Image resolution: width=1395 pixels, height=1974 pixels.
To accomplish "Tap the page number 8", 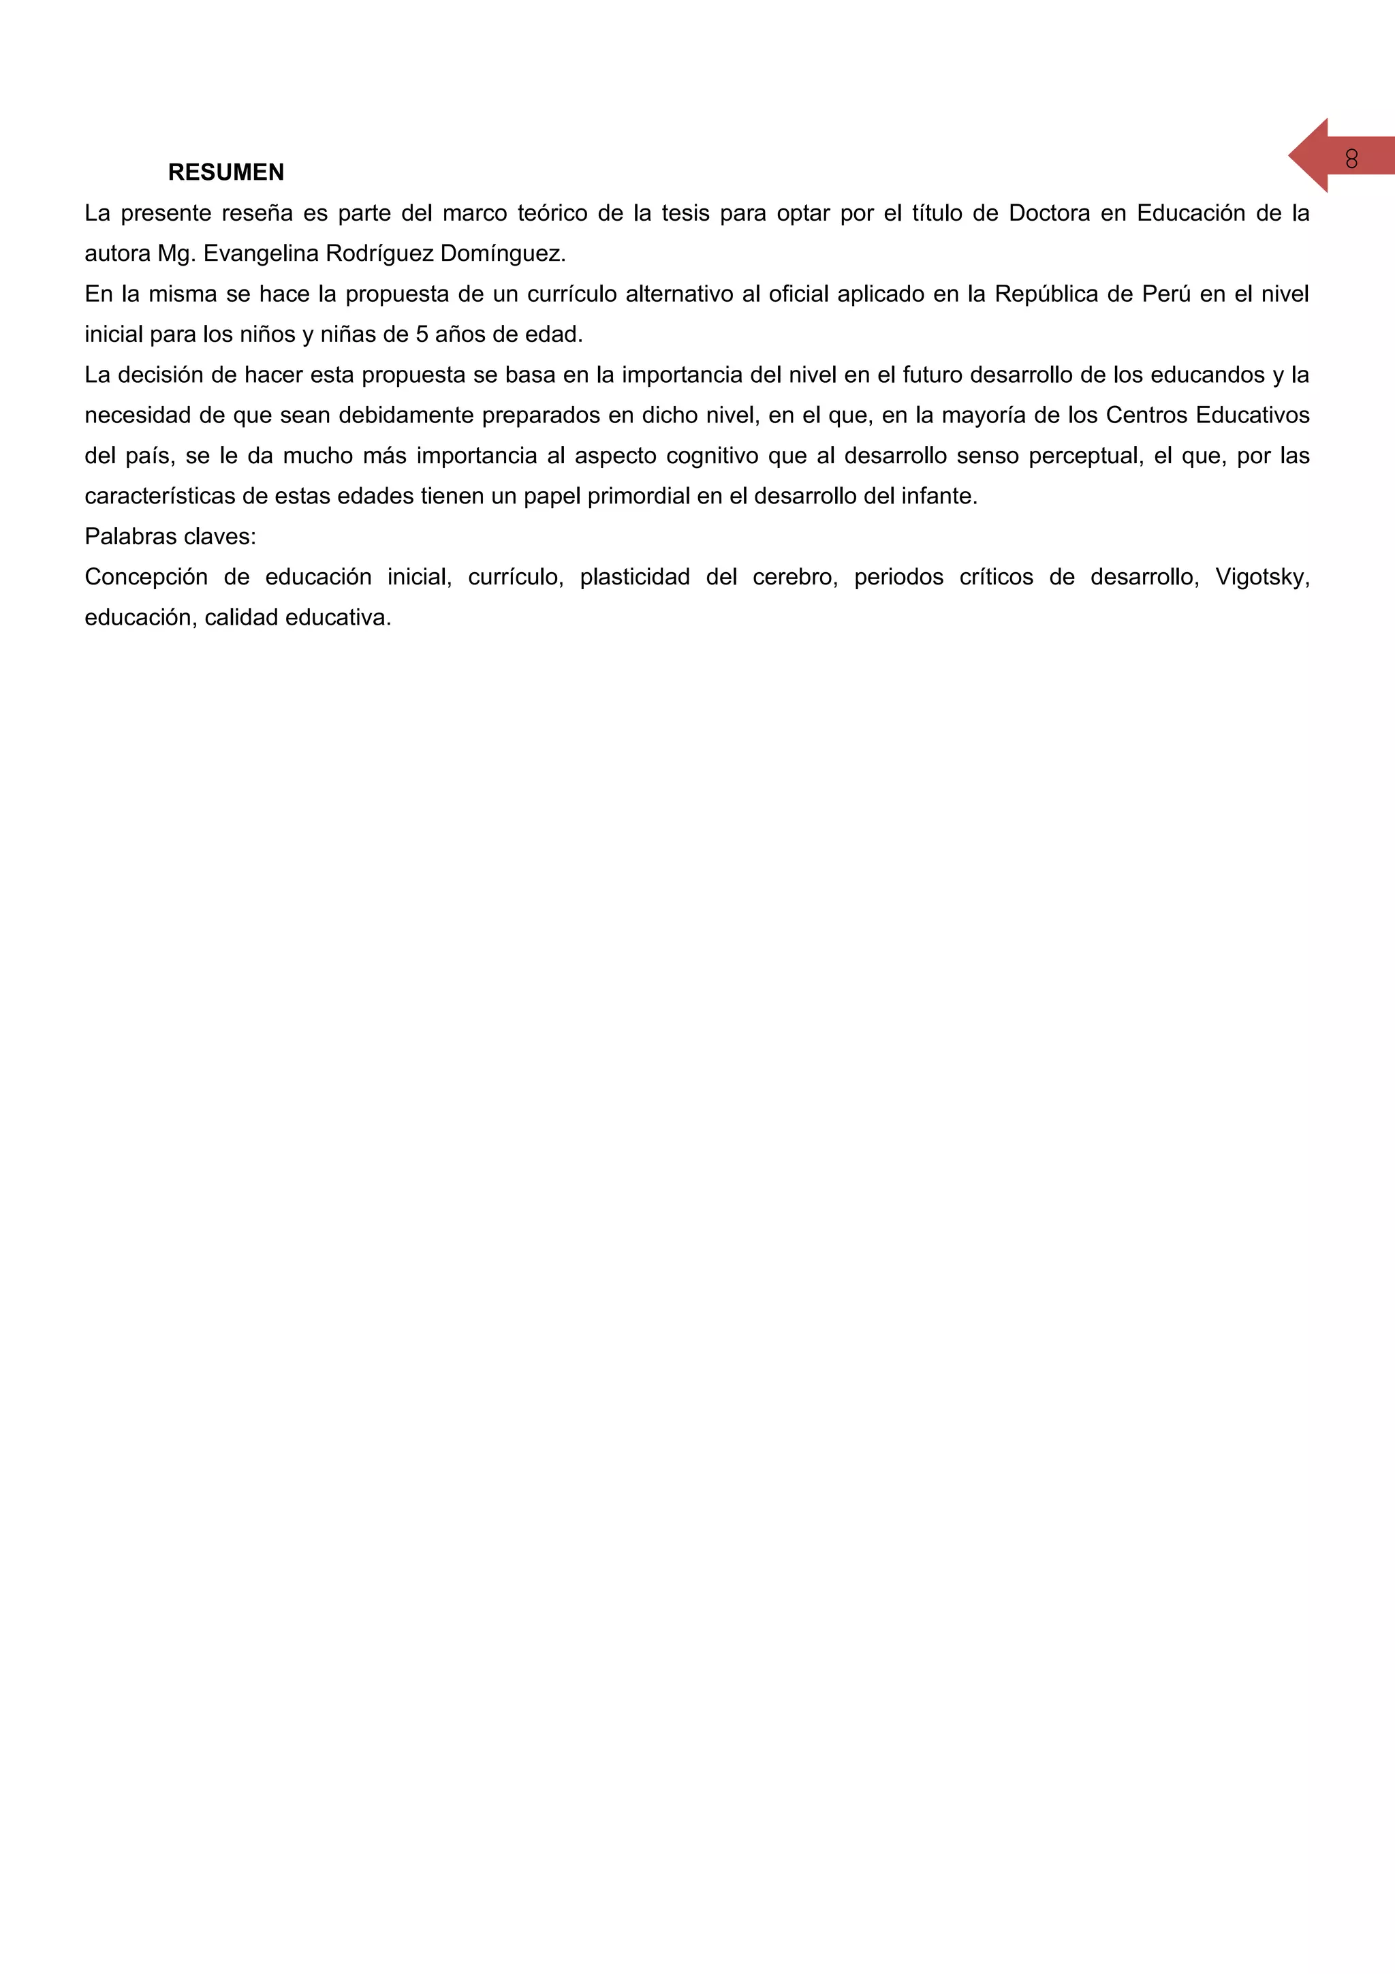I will point(1351,159).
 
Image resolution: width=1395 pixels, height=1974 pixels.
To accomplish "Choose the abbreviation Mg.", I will point(177,253).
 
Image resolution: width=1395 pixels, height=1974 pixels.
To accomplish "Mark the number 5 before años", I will point(422,334).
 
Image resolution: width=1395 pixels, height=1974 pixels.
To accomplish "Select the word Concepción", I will point(146,577).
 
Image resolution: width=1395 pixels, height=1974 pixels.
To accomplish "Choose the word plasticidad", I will point(634,577).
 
